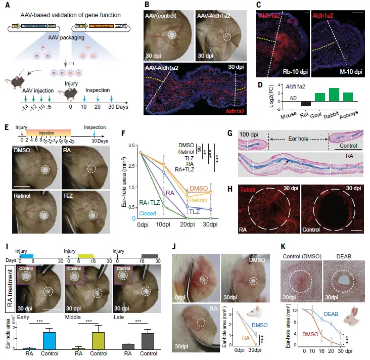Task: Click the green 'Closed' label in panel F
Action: coord(134,214)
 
